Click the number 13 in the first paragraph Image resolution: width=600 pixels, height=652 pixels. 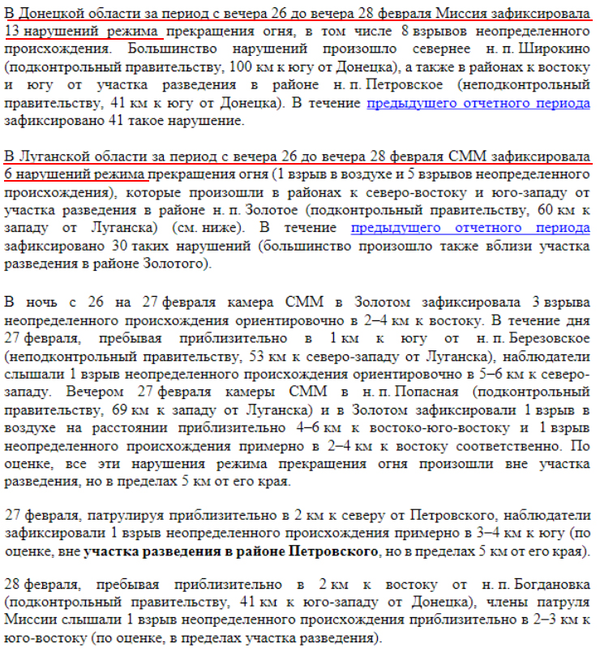tap(14, 31)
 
